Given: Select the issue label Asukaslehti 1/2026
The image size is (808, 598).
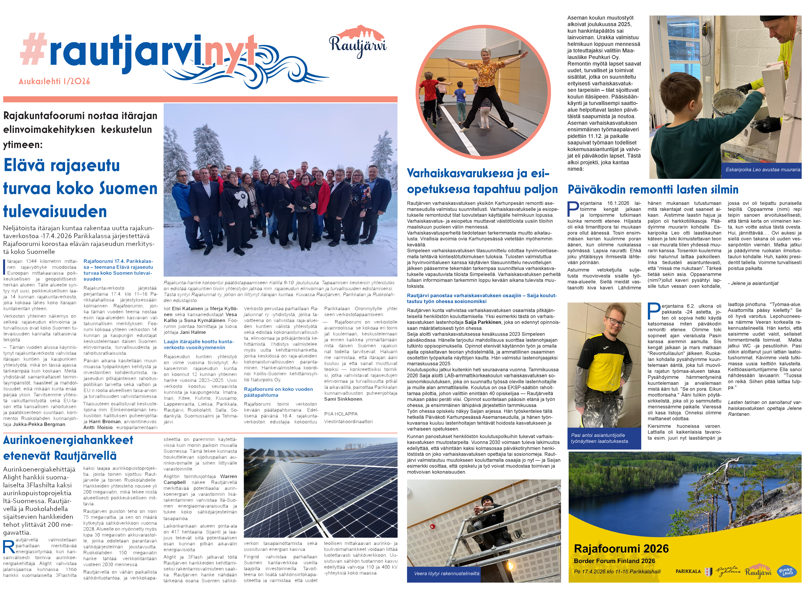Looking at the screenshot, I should [54, 81].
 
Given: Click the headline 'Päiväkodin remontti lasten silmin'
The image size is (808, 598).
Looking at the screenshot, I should [653, 190].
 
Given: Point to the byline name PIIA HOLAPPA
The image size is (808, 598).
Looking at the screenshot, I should [341, 414].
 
